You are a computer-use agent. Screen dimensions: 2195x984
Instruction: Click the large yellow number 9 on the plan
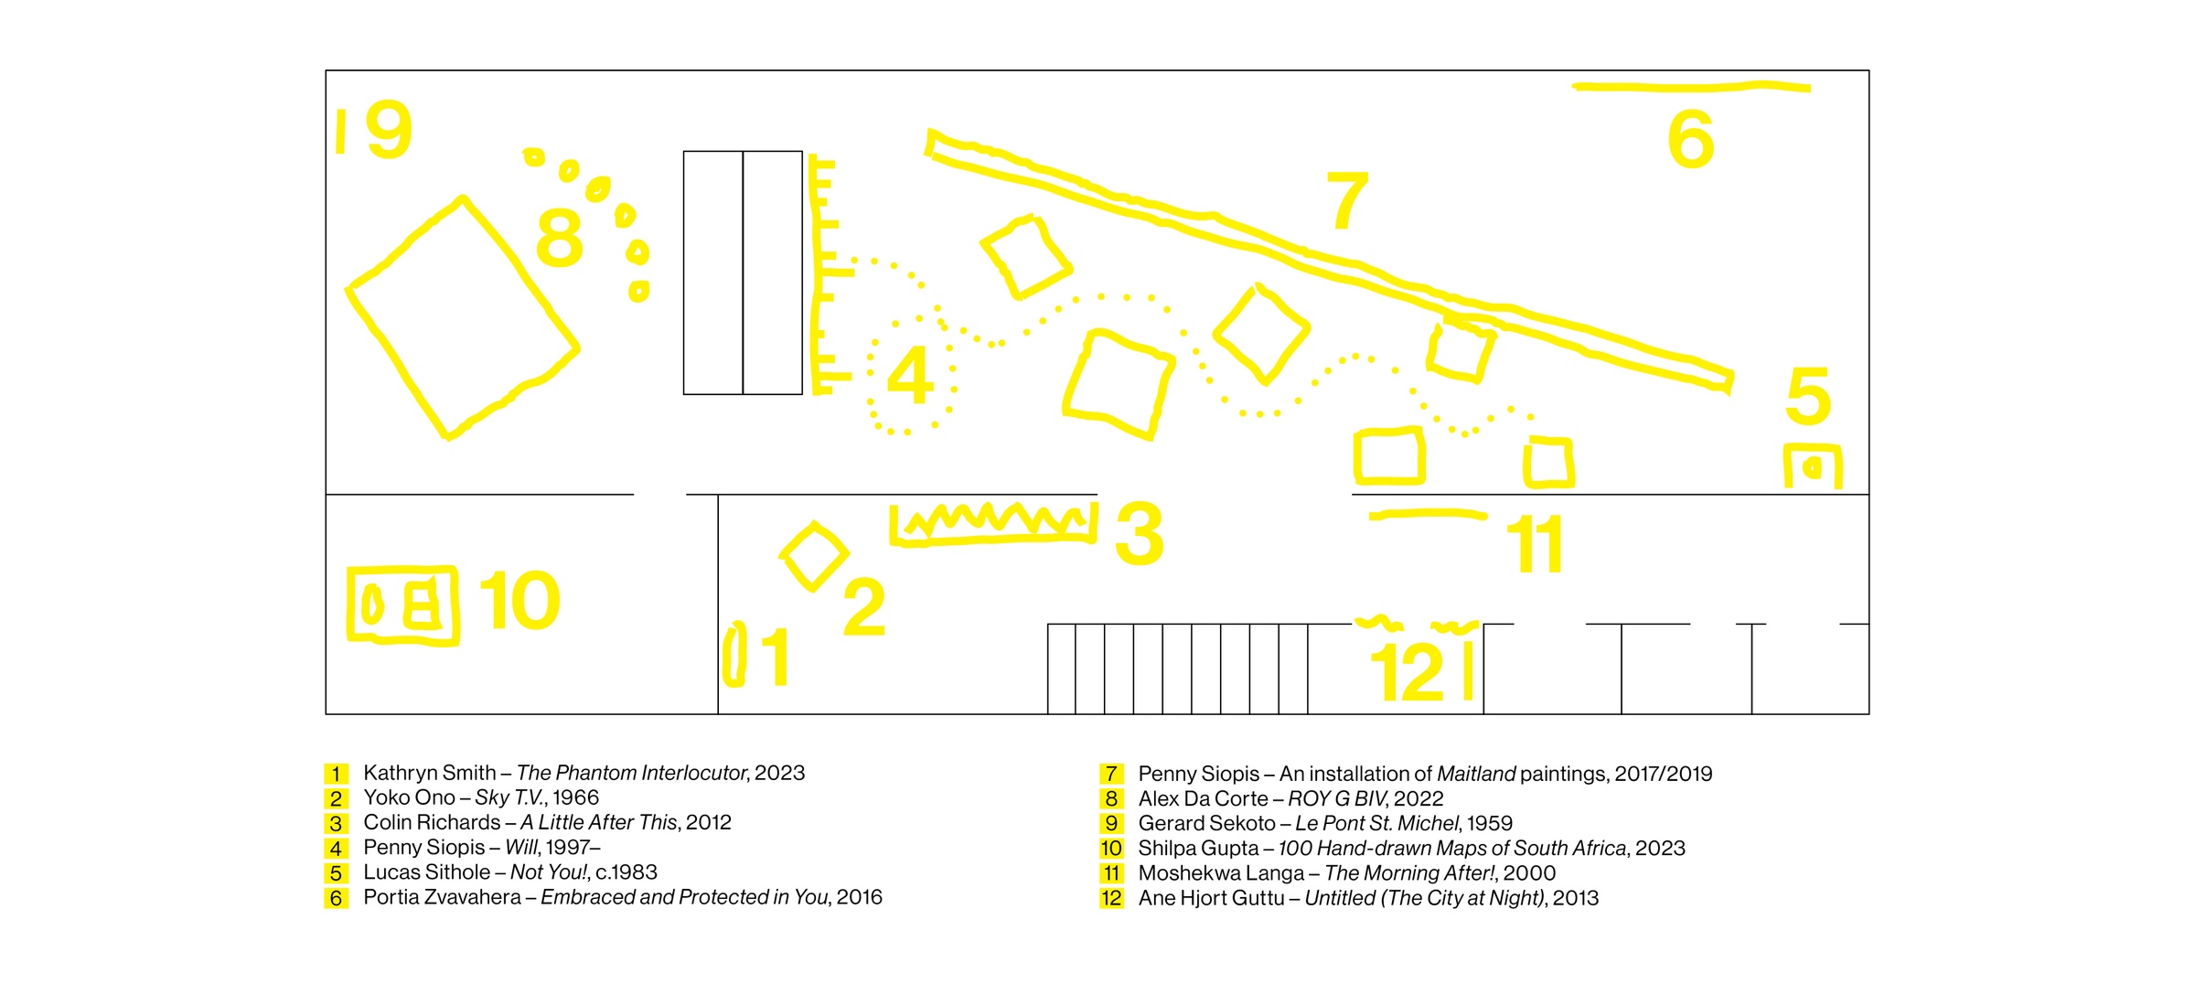pyautogui.click(x=389, y=130)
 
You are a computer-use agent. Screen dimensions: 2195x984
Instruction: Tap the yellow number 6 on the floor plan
pyautogui.click(x=1690, y=139)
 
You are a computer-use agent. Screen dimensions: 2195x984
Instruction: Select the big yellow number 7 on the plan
pyautogui.click(x=1347, y=199)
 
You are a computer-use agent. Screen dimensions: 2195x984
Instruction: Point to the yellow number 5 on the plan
pyautogui.click(x=1808, y=396)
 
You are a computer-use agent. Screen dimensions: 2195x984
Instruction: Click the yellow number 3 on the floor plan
pyautogui.click(x=1140, y=533)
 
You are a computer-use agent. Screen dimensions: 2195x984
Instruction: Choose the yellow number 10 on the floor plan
pyautogui.click(x=519, y=600)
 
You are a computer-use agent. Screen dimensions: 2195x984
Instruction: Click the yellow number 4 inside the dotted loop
pyautogui.click(x=909, y=375)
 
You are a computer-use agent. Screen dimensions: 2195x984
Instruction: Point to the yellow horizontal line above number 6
pyautogui.click(x=1691, y=87)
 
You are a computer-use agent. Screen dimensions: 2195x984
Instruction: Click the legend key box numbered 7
pyautogui.click(x=1110, y=774)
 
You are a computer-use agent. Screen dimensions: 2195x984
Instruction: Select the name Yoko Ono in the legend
pyautogui.click(x=409, y=797)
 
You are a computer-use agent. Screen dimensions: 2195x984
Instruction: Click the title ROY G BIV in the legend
pyautogui.click(x=1335, y=798)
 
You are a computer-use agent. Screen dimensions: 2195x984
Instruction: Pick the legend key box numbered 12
pyautogui.click(x=1110, y=898)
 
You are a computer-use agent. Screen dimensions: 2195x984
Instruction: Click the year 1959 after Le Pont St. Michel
pyautogui.click(x=1490, y=823)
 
